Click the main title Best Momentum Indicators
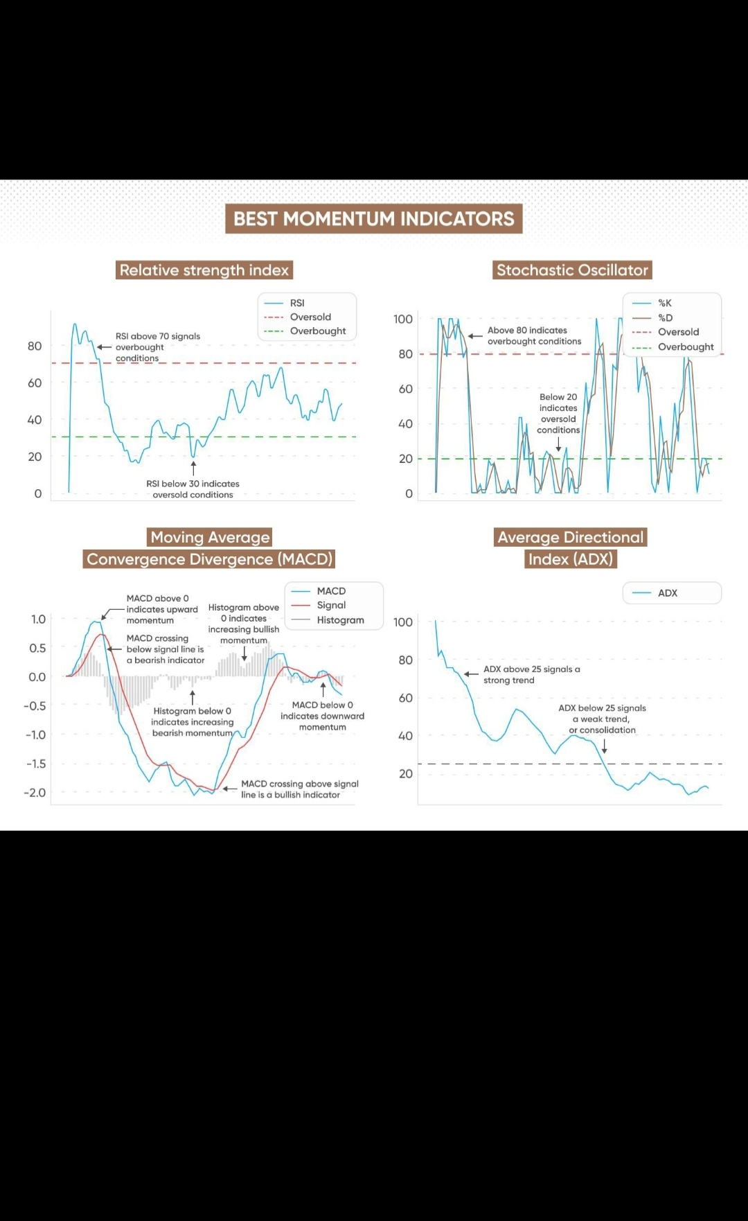[373, 219]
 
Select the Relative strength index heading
[204, 270]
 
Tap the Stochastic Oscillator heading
[572, 270]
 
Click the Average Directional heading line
[570, 537]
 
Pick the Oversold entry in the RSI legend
[310, 317]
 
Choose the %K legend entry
[664, 303]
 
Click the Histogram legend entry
[339, 620]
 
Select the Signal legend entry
[330, 605]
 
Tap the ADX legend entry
[667, 593]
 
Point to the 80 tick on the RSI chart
[35, 346]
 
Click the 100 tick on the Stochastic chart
[402, 319]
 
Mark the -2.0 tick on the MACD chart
[35, 792]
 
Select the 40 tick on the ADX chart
[405, 735]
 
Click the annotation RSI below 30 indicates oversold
[193, 489]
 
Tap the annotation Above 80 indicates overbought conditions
[534, 336]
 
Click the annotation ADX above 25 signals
[531, 674]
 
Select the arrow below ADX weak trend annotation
[605, 746]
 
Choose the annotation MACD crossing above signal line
[299, 789]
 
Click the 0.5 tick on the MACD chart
[37, 648]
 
